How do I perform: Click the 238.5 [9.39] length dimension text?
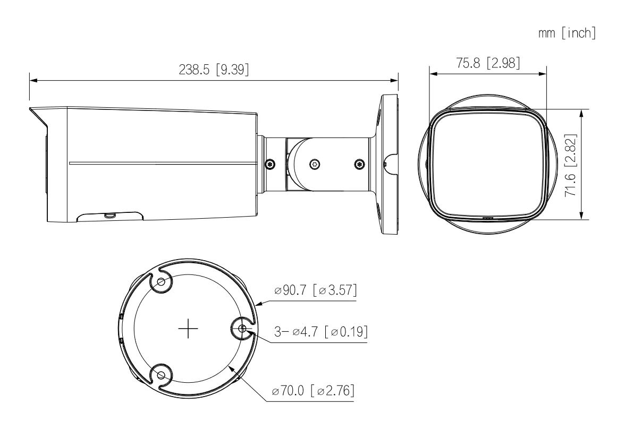[x=214, y=70]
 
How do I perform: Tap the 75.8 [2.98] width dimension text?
[x=488, y=63]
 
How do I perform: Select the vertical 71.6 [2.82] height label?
[x=571, y=165]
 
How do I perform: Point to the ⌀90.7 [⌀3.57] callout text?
[x=316, y=290]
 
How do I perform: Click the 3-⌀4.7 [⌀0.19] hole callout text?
[x=321, y=331]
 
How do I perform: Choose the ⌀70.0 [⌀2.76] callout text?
[x=313, y=390]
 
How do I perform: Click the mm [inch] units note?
[x=567, y=33]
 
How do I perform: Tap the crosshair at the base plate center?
[x=188, y=329]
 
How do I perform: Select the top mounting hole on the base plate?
[x=161, y=282]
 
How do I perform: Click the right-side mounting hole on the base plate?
[x=242, y=329]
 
